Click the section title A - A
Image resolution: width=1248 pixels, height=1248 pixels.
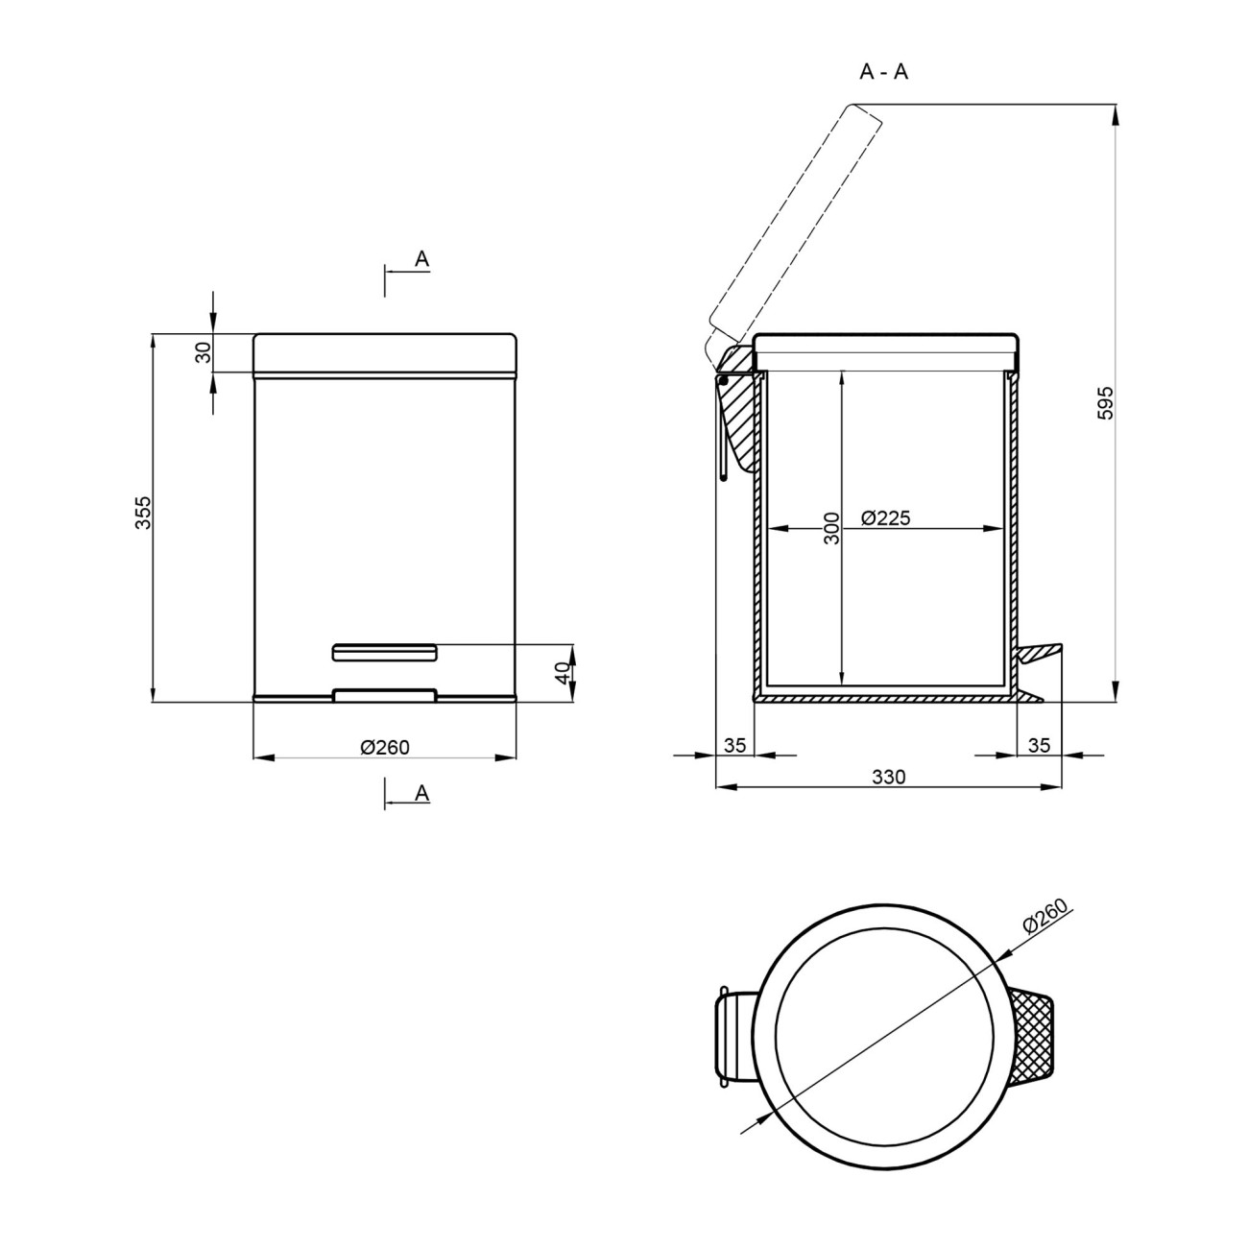pyautogui.click(x=883, y=72)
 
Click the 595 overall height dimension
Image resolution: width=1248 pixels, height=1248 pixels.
pyautogui.click(x=1106, y=403)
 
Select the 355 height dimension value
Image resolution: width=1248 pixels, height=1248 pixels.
pyautogui.click(x=143, y=513)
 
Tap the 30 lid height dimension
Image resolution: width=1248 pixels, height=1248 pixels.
pyautogui.click(x=204, y=352)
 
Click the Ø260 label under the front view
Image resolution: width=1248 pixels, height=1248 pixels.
pyautogui.click(x=385, y=748)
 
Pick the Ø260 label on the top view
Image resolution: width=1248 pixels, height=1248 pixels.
pyautogui.click(x=1044, y=917)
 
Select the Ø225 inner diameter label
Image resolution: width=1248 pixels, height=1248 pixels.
pyautogui.click(x=886, y=517)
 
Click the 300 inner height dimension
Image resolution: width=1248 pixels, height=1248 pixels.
pyautogui.click(x=831, y=528)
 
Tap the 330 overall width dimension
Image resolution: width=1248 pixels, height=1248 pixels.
pyautogui.click(x=889, y=777)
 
